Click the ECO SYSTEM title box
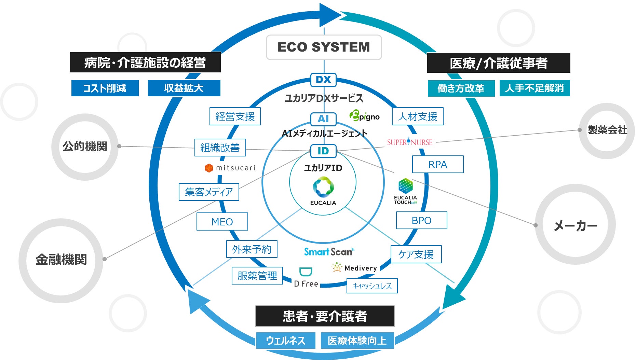pos(324,47)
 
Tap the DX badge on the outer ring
pos(323,80)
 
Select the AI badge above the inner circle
pos(323,119)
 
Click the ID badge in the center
pos(323,151)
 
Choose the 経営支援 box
pos(235,116)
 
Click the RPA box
pos(437,165)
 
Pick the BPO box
pos(421,220)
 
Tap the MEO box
pos(222,222)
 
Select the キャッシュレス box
pos(372,286)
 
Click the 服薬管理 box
pos(257,276)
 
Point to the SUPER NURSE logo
pos(409,142)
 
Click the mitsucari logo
pos(230,168)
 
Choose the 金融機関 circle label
pos(61,260)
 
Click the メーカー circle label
pos(575,225)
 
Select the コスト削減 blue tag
pos(105,88)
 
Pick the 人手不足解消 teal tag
pos(534,88)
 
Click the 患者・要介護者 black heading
pos(325,316)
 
